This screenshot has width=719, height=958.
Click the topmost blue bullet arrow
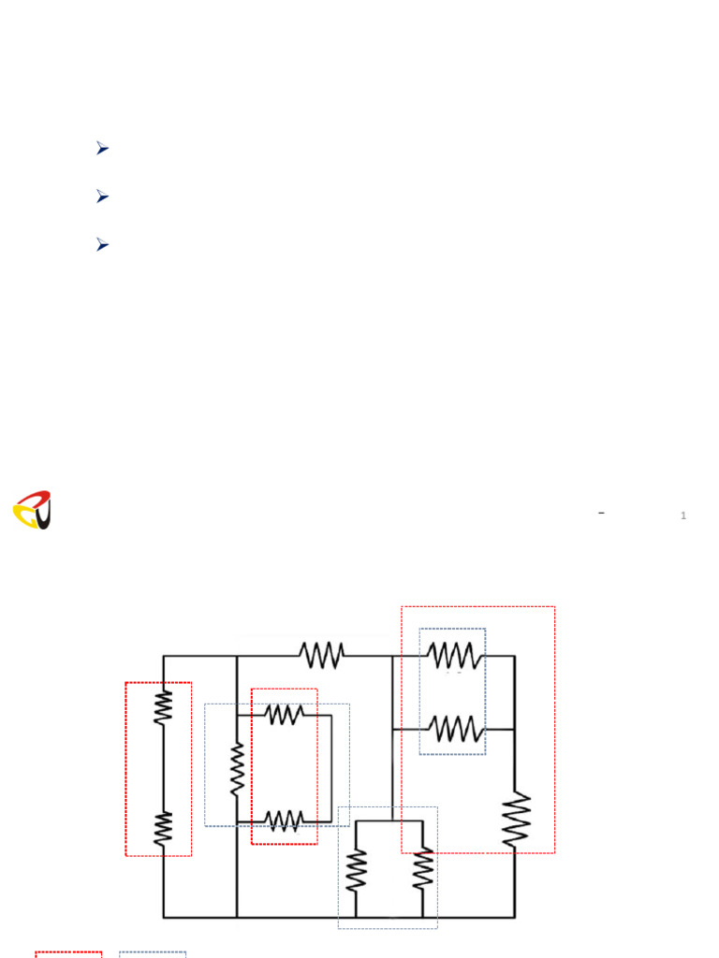(102, 148)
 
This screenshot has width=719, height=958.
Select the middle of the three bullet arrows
(102, 196)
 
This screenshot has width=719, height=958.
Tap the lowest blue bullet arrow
(102, 244)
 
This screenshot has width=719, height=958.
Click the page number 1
(683, 515)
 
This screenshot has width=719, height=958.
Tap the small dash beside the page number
(601, 513)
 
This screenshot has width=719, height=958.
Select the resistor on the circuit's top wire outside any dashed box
(321, 655)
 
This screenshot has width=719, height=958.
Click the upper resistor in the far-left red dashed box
(163, 706)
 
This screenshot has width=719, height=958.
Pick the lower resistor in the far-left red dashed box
(163, 828)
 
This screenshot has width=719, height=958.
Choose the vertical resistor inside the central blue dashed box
(237, 769)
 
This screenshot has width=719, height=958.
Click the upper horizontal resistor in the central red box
(284, 715)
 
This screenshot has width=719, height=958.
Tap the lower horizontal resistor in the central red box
(284, 820)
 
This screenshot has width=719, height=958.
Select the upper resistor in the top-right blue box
(454, 655)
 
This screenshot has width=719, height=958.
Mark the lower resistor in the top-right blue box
(454, 728)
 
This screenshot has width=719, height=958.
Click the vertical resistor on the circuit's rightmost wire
(515, 820)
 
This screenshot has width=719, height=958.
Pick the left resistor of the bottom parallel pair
(356, 870)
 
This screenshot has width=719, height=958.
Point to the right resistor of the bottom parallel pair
(423, 870)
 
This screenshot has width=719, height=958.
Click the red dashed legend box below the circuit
(68, 954)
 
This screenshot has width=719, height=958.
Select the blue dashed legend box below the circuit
(153, 954)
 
